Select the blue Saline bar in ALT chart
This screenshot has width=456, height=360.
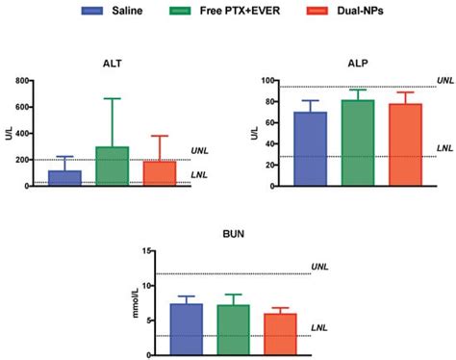pyautogui.click(x=65, y=178)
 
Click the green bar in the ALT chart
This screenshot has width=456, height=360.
pyautogui.click(x=113, y=167)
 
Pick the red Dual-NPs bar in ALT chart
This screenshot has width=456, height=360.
pyautogui.click(x=159, y=173)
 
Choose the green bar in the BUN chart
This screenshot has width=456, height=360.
pyautogui.click(x=234, y=330)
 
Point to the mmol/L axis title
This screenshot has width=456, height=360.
pyautogui.click(x=137, y=301)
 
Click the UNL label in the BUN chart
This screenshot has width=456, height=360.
pyautogui.click(x=318, y=266)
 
